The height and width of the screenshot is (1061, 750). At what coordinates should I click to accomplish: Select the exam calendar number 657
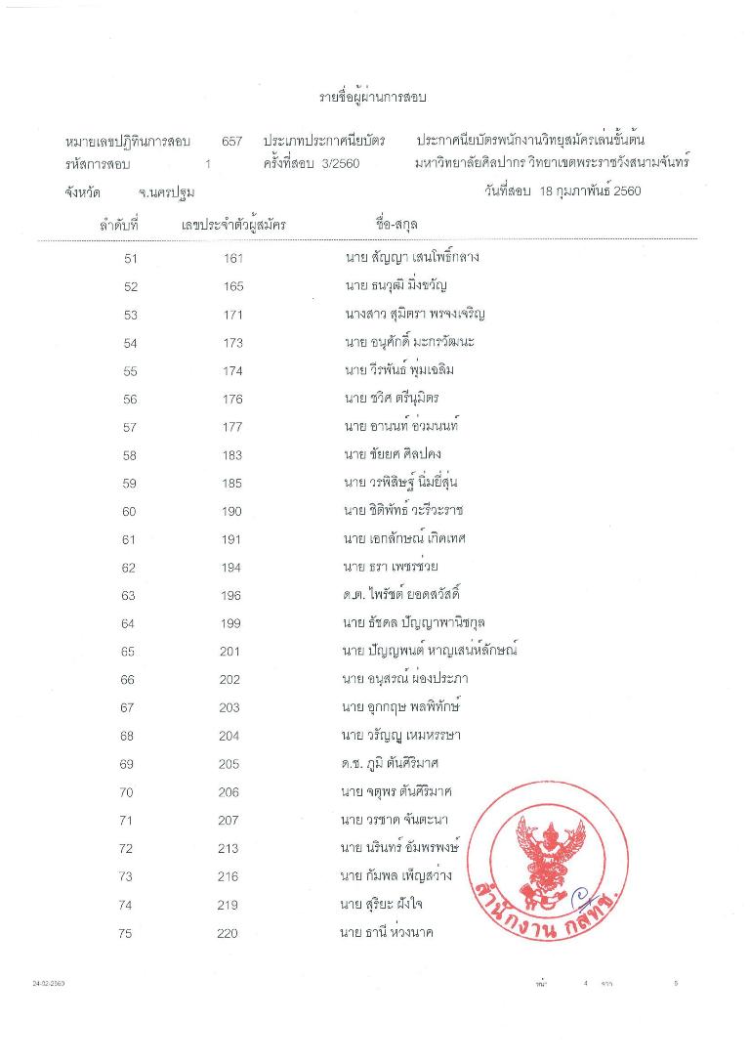click(x=231, y=142)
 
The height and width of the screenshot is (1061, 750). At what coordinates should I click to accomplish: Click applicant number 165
click(x=231, y=287)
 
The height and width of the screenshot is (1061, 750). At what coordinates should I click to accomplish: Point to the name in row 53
click(x=409, y=315)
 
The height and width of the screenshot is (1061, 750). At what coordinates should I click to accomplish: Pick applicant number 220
click(x=228, y=933)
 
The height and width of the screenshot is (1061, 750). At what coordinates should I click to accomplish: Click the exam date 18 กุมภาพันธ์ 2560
click(x=589, y=191)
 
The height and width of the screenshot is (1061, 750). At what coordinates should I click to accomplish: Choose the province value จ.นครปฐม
click(x=166, y=192)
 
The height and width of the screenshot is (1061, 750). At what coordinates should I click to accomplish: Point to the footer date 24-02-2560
click(x=49, y=984)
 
